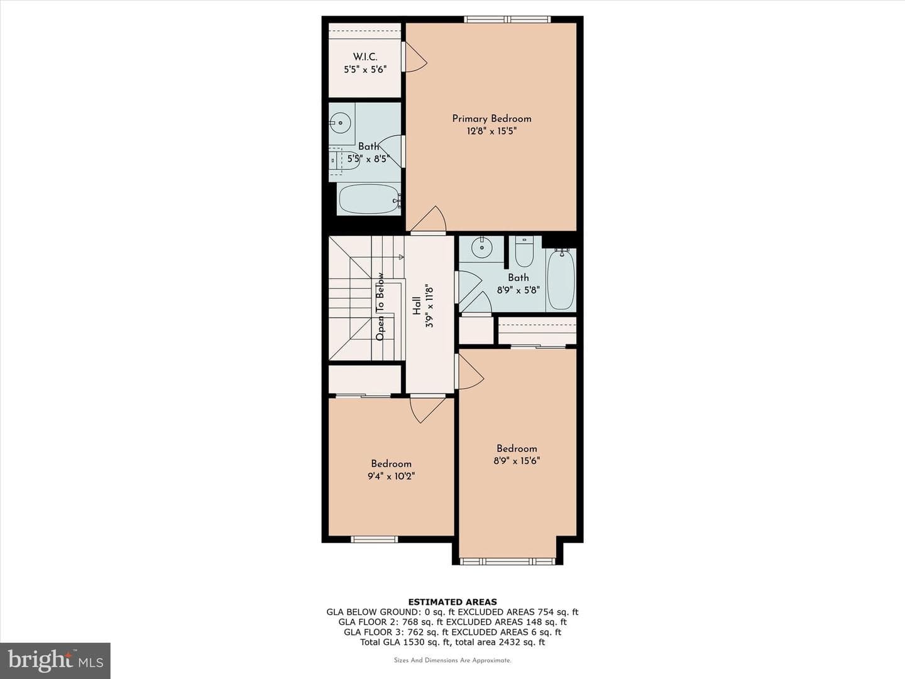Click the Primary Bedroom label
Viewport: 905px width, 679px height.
491,119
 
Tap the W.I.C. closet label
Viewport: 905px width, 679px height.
365,57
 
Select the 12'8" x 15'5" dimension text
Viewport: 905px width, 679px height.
491,131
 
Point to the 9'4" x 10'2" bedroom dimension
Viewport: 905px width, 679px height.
391,476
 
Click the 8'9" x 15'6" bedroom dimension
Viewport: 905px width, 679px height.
517,460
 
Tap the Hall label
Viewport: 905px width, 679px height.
417,306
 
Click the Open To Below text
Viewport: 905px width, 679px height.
380,306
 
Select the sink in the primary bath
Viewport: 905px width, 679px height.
340,122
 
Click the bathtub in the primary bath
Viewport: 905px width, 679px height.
370,199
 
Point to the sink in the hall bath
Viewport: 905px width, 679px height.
481,248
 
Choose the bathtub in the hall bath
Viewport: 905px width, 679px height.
561,279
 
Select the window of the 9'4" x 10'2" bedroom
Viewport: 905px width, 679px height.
375,539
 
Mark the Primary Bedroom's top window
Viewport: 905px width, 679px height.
508,19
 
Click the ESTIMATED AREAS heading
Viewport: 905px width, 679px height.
452,602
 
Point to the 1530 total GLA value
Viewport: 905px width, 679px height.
414,642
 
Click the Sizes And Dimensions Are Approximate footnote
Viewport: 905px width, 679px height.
452,660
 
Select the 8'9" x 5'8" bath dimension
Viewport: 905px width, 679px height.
518,290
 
